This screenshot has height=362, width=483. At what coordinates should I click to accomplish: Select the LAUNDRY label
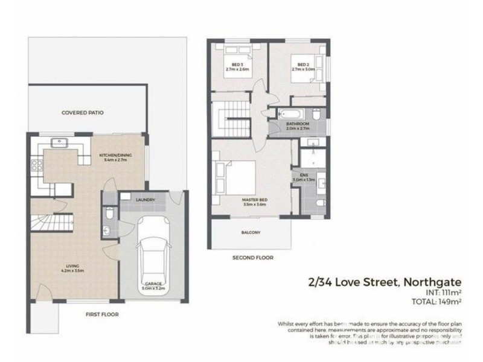pos(146,200)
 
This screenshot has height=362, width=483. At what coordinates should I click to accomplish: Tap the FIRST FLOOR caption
pos(101,314)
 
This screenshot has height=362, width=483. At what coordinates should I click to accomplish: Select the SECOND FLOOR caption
pos(253,258)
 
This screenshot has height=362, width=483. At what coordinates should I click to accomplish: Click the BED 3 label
pos(237,65)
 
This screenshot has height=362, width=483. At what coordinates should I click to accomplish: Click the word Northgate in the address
pos(431,282)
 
